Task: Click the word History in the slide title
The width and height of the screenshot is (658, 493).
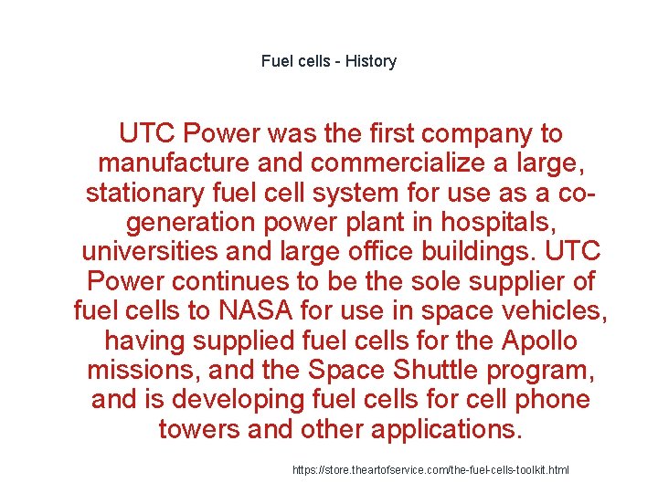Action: (371, 62)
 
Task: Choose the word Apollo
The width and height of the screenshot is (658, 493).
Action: (539, 341)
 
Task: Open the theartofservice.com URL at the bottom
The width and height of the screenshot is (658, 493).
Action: (430, 469)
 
